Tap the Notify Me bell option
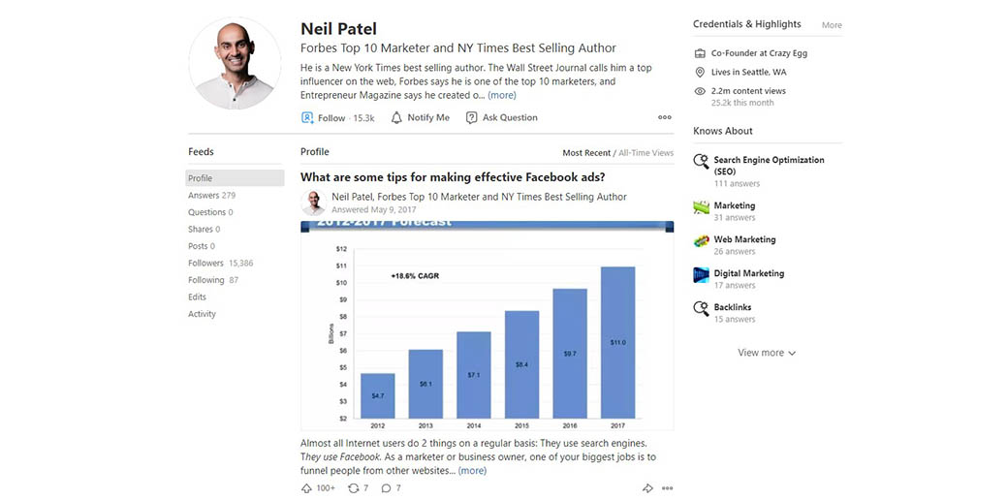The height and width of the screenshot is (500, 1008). [421, 118]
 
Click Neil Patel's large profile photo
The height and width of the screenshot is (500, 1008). [235, 63]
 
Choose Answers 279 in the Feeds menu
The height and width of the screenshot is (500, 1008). [211, 196]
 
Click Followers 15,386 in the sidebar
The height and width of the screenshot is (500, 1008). [220, 264]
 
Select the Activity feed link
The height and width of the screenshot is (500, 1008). [202, 314]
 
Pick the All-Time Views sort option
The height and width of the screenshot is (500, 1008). [646, 153]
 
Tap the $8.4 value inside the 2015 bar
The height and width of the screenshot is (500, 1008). [521, 364]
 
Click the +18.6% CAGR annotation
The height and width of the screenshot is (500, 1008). [415, 276]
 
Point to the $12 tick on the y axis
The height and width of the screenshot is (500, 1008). [341, 249]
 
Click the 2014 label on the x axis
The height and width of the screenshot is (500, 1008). [473, 424]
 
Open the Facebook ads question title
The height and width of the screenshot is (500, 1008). [453, 177]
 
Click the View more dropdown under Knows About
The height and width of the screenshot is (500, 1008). [767, 353]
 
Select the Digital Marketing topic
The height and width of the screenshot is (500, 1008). [748, 273]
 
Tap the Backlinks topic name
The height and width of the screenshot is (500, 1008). [734, 307]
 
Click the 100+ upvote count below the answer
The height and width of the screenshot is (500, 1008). [325, 488]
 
